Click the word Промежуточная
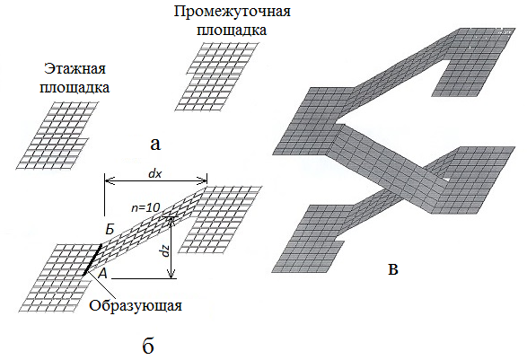click(x=233, y=12)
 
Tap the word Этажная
click(x=75, y=69)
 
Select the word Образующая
click(x=136, y=306)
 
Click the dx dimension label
click(x=155, y=173)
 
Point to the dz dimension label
click(x=164, y=250)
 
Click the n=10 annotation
click(x=145, y=207)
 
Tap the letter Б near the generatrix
click(x=110, y=230)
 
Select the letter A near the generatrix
click(x=102, y=274)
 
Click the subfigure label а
click(x=155, y=145)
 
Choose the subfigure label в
click(x=393, y=269)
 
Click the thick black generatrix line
click(x=92, y=259)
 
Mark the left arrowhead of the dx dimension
click(x=109, y=181)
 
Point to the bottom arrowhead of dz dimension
click(x=171, y=275)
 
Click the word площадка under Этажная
click(x=75, y=88)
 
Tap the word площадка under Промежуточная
click(x=232, y=31)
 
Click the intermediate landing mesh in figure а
click(x=217, y=76)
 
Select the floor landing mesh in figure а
click(x=57, y=136)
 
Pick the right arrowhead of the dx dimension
click(x=203, y=181)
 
